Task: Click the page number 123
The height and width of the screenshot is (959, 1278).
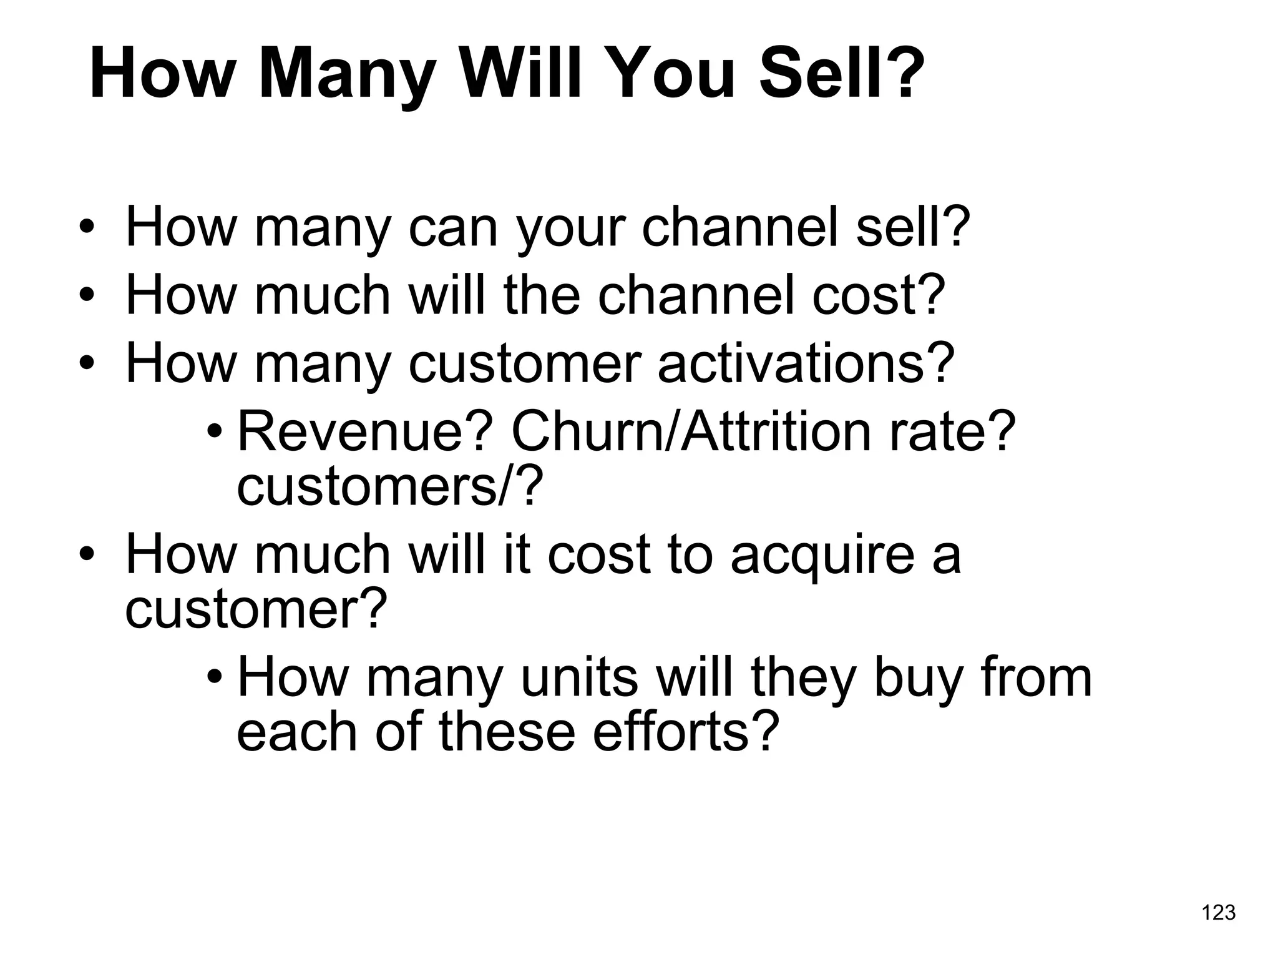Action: click(x=1218, y=913)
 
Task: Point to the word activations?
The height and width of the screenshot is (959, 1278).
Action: click(x=806, y=363)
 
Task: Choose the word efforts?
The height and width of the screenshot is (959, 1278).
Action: click(x=685, y=731)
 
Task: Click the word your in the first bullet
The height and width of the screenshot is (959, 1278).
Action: click(x=570, y=229)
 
